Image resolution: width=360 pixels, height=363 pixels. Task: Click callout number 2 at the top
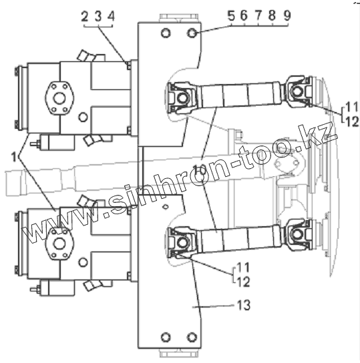(85, 17)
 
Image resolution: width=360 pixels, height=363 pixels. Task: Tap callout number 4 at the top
(112, 17)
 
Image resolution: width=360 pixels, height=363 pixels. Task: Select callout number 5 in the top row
(231, 16)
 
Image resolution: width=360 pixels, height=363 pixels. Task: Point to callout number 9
(287, 16)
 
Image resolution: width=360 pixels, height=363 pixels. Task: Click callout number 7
(258, 16)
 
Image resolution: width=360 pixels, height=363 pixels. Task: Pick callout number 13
(244, 305)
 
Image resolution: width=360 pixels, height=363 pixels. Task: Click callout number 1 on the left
(14, 157)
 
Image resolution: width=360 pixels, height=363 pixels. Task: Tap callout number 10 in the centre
(200, 171)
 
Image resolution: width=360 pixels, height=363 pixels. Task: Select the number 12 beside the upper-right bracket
(352, 121)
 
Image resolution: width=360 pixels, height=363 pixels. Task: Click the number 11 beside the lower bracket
(243, 268)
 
